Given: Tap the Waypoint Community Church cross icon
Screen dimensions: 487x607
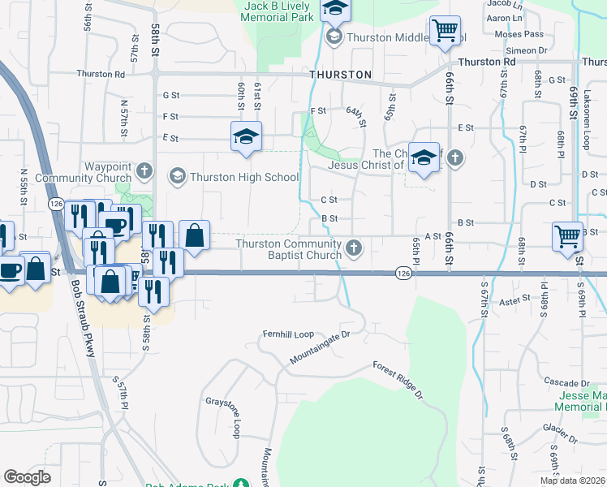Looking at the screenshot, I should tap(144, 170).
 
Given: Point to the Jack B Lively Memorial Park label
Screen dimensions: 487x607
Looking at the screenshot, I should tap(279, 11).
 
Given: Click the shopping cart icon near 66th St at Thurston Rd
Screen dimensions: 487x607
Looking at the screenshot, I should tap(445, 32).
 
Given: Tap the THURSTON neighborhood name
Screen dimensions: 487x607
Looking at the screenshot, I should tap(340, 75).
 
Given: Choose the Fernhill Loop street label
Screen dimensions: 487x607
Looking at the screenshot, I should tap(287, 334).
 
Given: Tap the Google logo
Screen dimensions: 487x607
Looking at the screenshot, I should tap(27, 477).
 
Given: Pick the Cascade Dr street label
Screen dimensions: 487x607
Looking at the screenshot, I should tap(566, 382).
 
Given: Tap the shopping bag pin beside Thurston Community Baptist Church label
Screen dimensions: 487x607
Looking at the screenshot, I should tap(194, 236).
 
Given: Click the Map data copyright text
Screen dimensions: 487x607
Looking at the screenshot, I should tap(573, 481).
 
